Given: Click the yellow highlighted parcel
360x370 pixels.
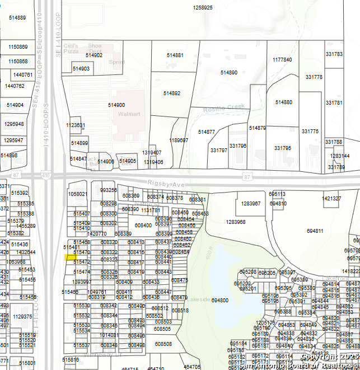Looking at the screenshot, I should click(x=70, y=257).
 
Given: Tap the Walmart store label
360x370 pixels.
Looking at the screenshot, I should click(x=128, y=114).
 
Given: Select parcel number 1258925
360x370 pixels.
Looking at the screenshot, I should click(x=203, y=8).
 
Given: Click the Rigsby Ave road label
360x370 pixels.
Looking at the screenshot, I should click(x=166, y=184).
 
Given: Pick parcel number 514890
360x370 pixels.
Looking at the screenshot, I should click(x=228, y=73).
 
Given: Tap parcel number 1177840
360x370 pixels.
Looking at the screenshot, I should click(x=282, y=59).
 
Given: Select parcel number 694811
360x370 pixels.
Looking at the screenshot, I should click(x=315, y=231).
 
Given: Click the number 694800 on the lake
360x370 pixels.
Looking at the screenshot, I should click(x=220, y=301).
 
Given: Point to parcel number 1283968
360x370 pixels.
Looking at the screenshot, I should click(x=236, y=222).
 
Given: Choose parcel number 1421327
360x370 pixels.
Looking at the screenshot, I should click(x=331, y=199).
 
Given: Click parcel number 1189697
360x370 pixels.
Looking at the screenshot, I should click(x=179, y=140).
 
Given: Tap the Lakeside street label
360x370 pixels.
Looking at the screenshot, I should click(x=199, y=299).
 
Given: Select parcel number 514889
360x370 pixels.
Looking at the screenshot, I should click(x=17, y=18).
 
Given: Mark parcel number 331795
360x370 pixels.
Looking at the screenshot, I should click(x=283, y=148).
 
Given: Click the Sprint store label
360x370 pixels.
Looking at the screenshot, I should click(x=116, y=62).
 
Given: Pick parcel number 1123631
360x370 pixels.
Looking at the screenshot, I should click(x=76, y=125).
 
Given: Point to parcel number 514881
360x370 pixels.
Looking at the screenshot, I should click(x=175, y=55).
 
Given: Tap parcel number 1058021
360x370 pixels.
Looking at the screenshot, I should click(x=77, y=194).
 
